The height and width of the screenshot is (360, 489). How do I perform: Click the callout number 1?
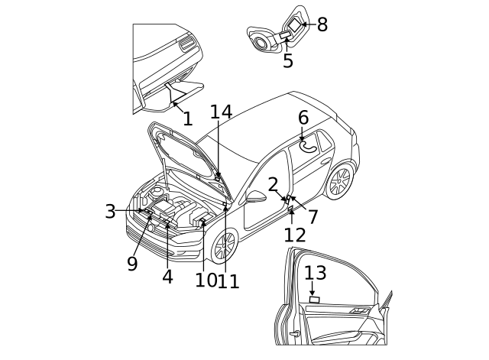point(187,119)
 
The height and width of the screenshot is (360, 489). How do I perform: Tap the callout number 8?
point(322,24)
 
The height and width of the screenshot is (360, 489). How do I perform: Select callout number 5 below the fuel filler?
point(288,61)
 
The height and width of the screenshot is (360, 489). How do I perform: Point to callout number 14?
point(221,112)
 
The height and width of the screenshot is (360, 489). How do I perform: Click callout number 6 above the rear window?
point(303,118)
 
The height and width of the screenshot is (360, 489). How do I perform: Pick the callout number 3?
point(111,212)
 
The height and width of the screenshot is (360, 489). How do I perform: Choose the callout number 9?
point(132,264)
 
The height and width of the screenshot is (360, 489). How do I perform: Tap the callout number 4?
point(167,277)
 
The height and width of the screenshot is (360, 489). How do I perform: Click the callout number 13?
point(315,273)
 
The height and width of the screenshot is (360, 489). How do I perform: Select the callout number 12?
point(295,235)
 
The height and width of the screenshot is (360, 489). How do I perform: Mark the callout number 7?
point(313,217)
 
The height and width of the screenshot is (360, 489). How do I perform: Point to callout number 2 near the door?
point(274,185)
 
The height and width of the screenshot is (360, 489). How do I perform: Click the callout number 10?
point(204,281)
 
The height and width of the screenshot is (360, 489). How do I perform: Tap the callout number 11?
point(228,281)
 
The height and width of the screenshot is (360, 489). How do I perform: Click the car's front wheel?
point(224,246)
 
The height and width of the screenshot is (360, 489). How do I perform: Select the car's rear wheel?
point(338,181)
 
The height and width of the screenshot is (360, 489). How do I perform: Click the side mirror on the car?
point(256,196)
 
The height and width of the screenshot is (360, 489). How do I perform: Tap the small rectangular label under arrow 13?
point(314,300)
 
